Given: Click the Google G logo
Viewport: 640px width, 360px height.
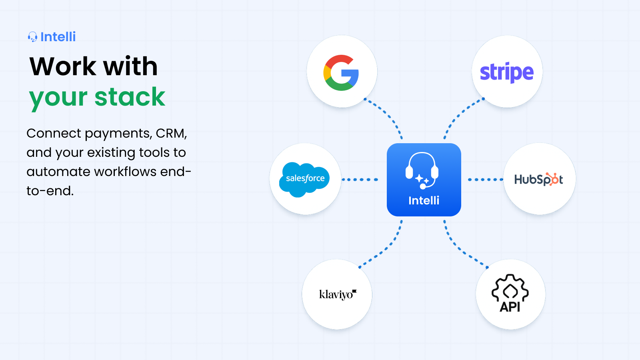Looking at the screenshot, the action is tap(341, 72).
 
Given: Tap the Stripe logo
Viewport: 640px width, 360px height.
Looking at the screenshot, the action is tap(506, 72).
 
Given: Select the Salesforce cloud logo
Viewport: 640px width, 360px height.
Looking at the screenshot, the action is tap(304, 180).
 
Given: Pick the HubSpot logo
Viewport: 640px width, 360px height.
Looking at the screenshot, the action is tap(538, 180).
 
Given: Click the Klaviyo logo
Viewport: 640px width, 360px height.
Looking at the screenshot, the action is tap(338, 294).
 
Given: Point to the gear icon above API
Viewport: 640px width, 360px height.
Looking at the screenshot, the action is tap(510, 288).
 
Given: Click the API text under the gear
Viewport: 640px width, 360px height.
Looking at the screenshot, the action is tap(510, 307).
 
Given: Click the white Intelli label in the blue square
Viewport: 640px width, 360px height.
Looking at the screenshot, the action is tap(424, 200).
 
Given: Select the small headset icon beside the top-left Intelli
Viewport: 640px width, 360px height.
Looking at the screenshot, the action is tap(32, 37).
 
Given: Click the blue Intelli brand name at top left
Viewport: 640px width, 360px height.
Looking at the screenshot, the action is tap(58, 37).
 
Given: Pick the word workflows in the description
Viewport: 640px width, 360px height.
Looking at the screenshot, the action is tap(125, 172).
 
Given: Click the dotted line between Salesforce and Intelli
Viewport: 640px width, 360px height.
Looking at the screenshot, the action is tap(360, 180).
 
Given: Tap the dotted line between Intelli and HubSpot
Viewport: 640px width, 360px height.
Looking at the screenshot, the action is tap(486, 180).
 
